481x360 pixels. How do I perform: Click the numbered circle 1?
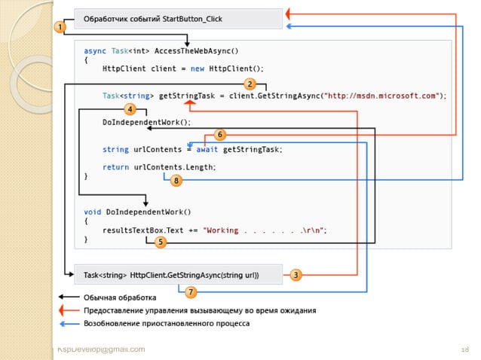click(x=59, y=27)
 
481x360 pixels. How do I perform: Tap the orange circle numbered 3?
click(x=296, y=275)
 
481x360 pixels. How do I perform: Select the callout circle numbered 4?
click(x=130, y=108)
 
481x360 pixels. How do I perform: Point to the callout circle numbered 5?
click(x=161, y=242)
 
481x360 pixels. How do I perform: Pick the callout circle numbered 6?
click(x=220, y=135)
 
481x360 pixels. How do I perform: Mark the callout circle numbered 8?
click(x=176, y=181)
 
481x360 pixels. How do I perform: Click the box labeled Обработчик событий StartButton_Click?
click(x=179, y=18)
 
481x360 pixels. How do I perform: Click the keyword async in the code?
click(x=94, y=51)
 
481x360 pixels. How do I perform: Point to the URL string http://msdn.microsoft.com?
click(x=384, y=96)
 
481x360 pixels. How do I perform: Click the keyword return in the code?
click(x=115, y=166)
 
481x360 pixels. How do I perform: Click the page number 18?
click(x=465, y=349)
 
